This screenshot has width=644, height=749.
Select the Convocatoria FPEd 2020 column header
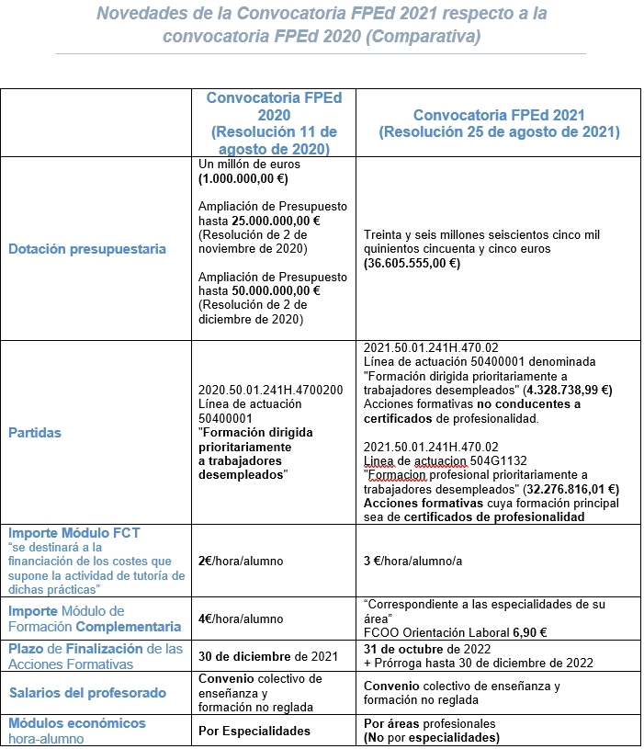pyautogui.click(x=274, y=123)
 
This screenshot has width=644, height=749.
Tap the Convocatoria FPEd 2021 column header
pyautogui.click(x=499, y=123)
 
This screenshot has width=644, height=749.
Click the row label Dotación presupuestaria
pyautogui.click(x=87, y=248)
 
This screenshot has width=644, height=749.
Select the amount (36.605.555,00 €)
pyautogui.click(x=412, y=263)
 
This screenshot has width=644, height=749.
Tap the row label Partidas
pyautogui.click(x=35, y=432)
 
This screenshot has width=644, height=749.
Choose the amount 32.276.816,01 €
pyautogui.click(x=566, y=489)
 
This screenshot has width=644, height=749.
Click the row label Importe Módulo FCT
pyautogui.click(x=74, y=532)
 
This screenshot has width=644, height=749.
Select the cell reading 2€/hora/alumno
pyautogui.click(x=241, y=561)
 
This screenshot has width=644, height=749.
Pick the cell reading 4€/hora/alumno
pyautogui.click(x=241, y=618)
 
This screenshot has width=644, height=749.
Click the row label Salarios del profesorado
pyautogui.click(x=87, y=692)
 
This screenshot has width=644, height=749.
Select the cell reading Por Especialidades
pyautogui.click(x=254, y=731)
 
